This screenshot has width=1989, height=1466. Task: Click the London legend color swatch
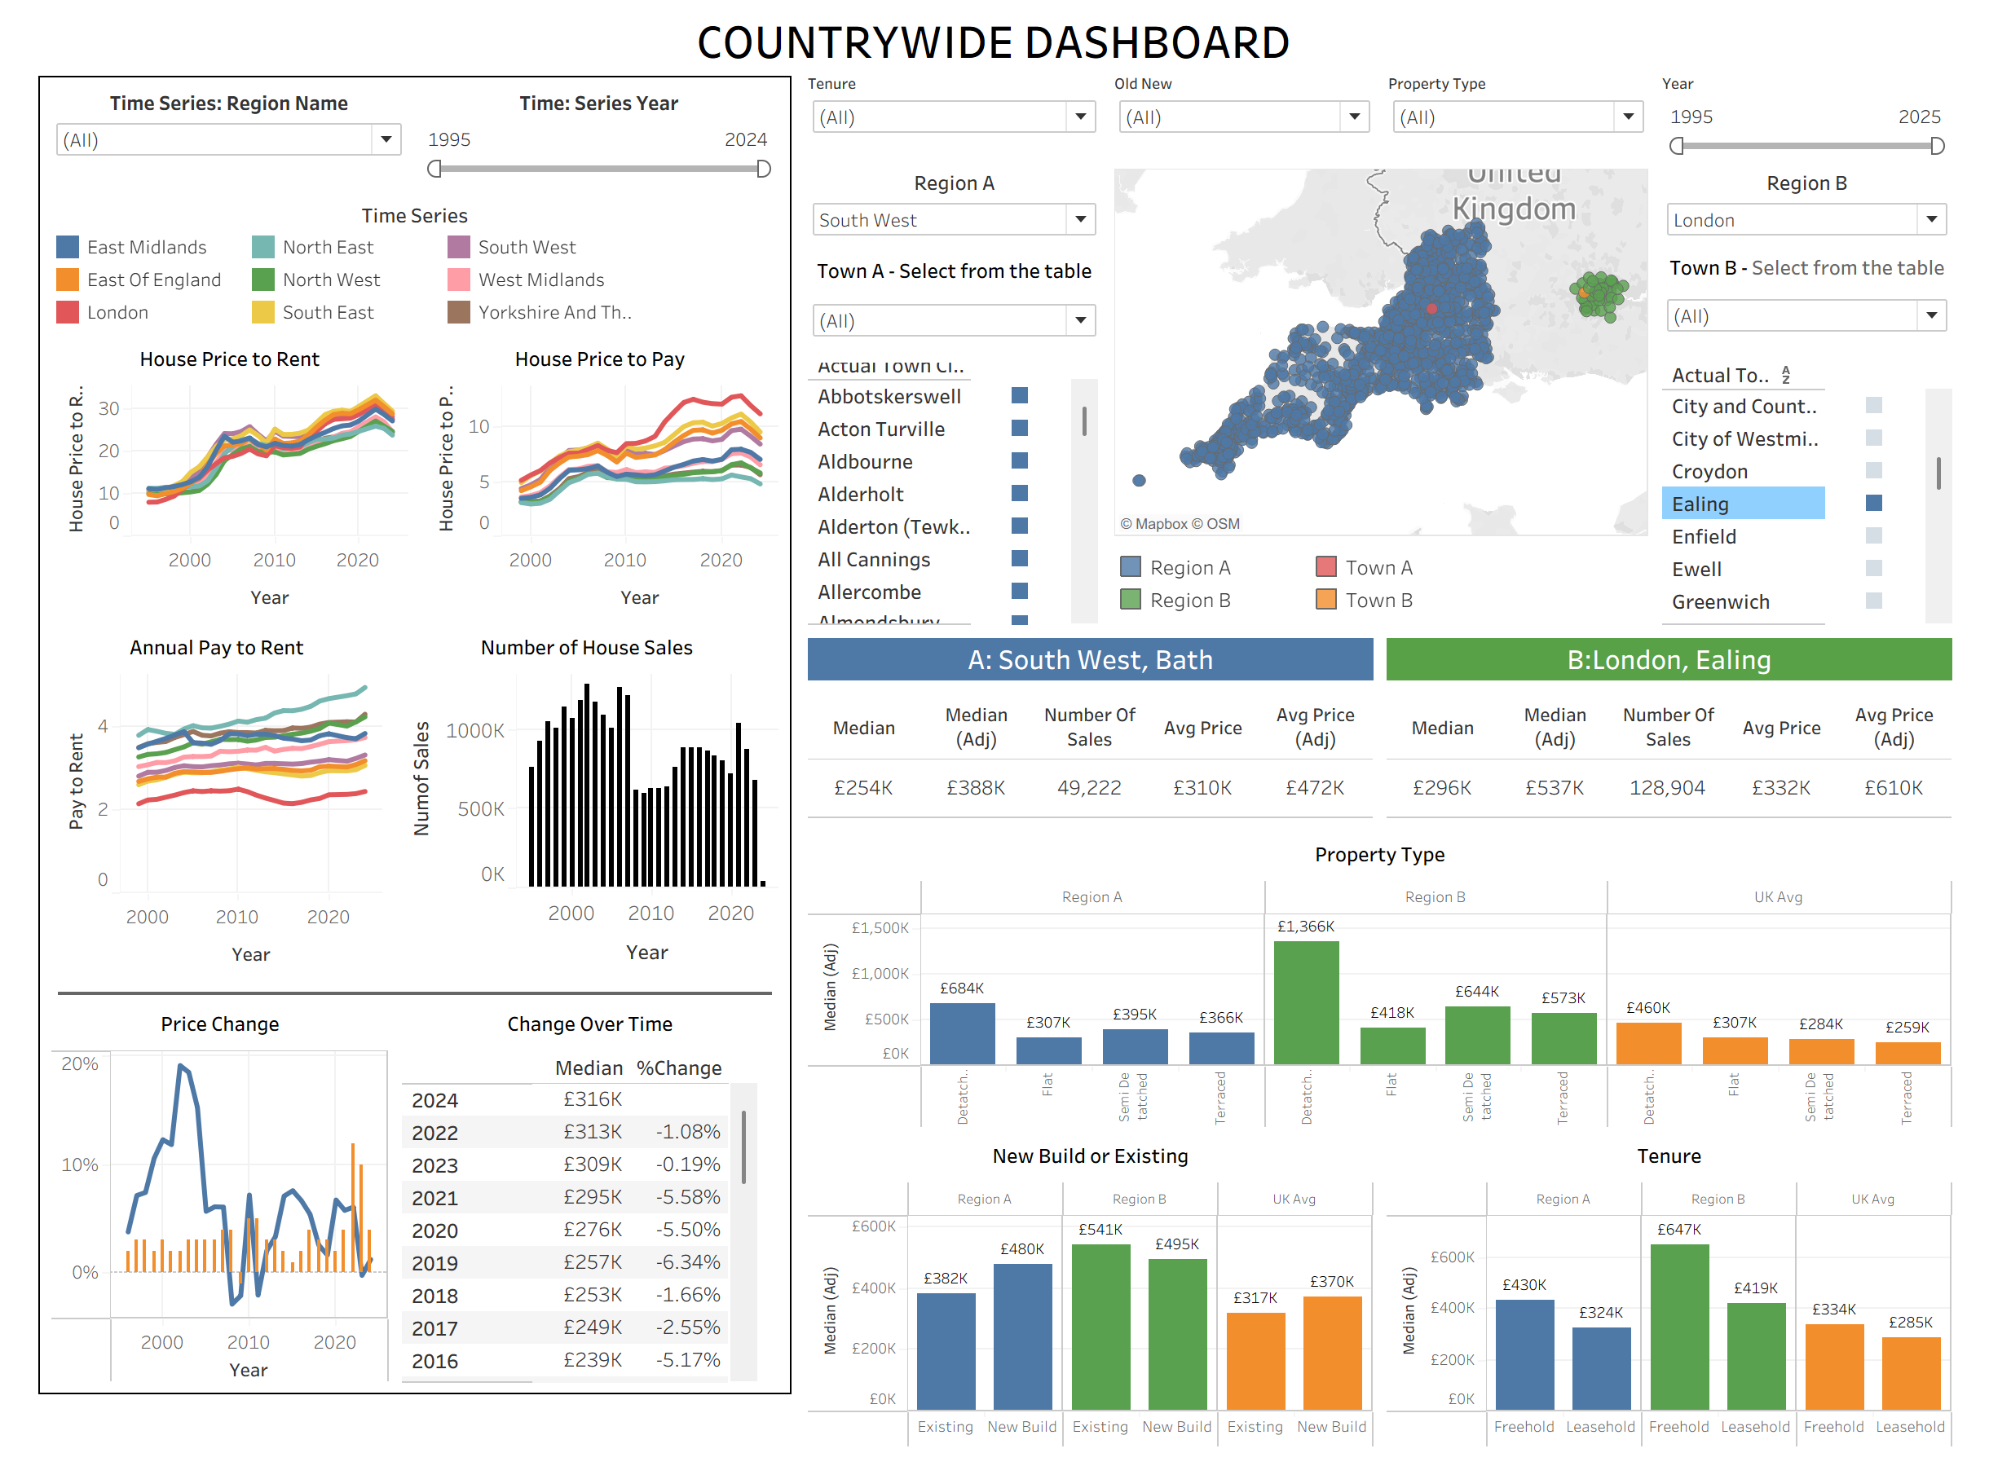point(68,312)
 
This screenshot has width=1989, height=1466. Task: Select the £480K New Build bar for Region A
point(1021,1336)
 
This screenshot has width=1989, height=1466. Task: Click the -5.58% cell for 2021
point(687,1197)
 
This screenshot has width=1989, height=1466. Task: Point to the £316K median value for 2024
point(592,1098)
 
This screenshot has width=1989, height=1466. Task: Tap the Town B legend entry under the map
point(1378,600)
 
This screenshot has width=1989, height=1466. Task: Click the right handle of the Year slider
point(1937,146)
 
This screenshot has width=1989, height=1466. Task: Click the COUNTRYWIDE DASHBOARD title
point(992,42)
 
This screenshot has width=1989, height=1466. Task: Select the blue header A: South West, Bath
point(1089,659)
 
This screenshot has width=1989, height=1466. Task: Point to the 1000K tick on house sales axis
point(475,730)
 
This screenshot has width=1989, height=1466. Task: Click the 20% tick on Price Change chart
point(79,1063)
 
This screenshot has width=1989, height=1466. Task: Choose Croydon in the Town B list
point(1709,471)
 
